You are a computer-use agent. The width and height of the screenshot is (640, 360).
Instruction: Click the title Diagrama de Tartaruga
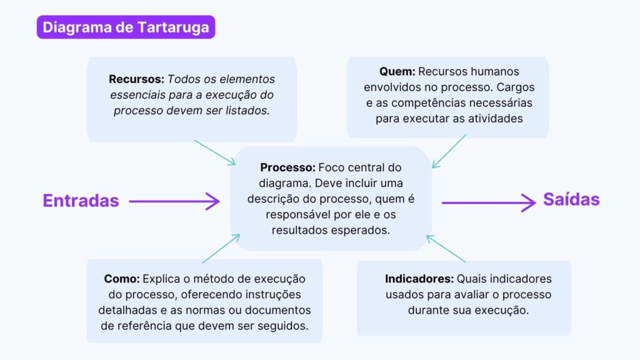coord(126,27)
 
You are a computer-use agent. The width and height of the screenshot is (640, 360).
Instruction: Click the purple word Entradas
coord(81,201)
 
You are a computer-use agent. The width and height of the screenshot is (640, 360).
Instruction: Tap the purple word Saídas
coord(571,199)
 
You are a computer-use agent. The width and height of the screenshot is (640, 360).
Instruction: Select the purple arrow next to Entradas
coord(174,201)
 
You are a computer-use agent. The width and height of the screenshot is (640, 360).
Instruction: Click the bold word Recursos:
coord(136,79)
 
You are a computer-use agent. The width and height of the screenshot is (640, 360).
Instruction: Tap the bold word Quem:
coord(397,71)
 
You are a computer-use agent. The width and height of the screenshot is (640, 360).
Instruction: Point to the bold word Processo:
coord(288,167)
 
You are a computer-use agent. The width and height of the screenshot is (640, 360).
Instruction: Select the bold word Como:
coord(122,279)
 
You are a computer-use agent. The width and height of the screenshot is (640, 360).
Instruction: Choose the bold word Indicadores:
coord(419,279)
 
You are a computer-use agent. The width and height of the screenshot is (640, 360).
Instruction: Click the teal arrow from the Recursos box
coord(214,152)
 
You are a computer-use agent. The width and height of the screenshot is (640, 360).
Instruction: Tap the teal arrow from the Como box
coord(221,249)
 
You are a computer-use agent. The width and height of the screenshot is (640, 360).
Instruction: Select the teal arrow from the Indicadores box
coord(446,249)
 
